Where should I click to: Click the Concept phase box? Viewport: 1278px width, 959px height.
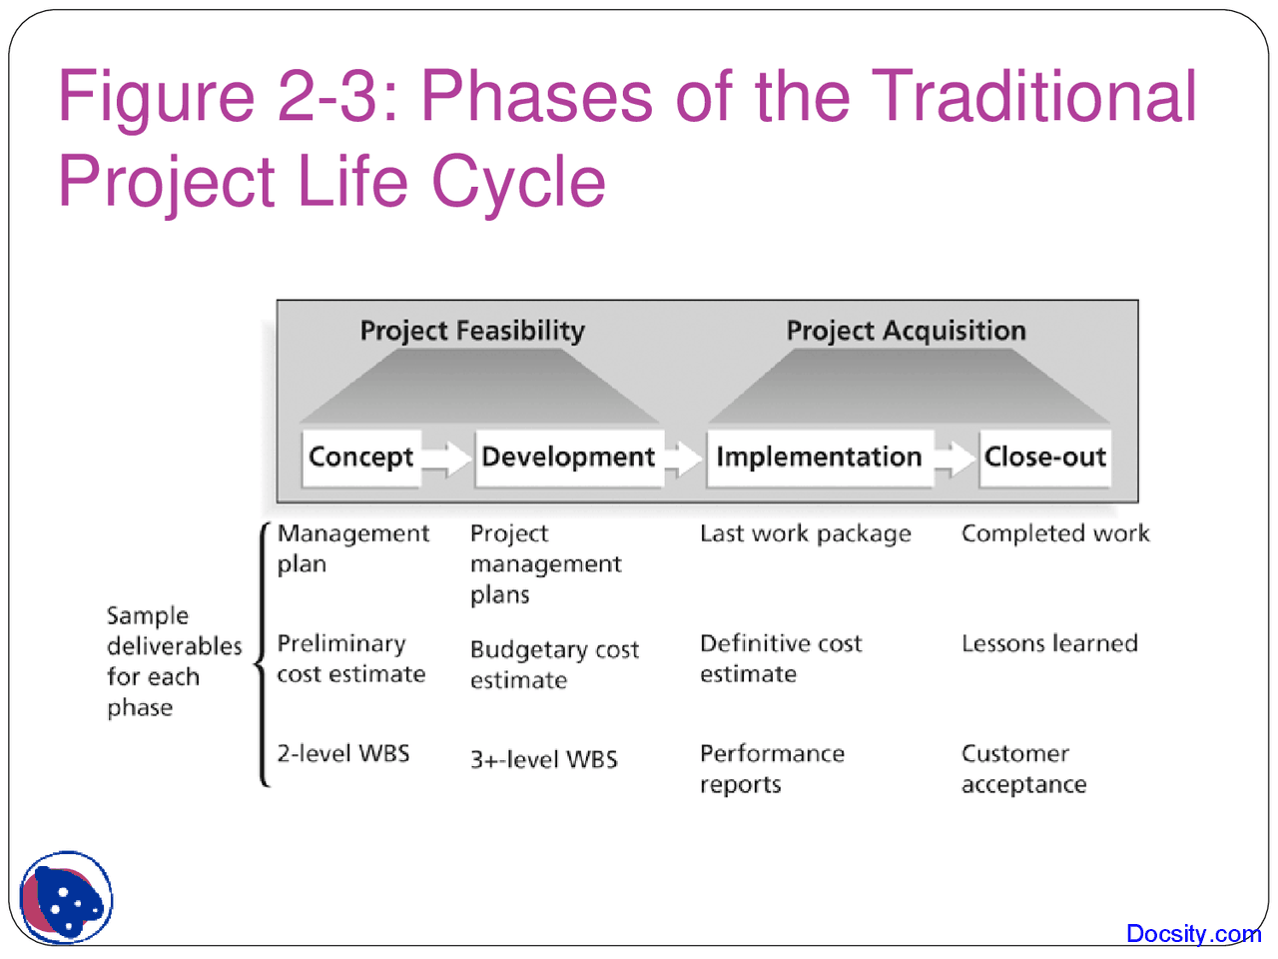tap(360, 458)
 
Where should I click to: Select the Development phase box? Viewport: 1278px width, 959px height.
tap(568, 458)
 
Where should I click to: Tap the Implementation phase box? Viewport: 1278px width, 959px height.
tap(819, 458)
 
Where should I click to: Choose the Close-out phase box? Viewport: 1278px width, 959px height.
tap(1044, 458)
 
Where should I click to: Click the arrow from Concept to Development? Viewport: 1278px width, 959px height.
tap(446, 459)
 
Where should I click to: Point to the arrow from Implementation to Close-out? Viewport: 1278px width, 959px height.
tap(956, 459)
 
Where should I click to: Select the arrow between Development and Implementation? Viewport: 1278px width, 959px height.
tap(685, 459)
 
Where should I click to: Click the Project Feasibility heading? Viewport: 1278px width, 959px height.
tap(472, 331)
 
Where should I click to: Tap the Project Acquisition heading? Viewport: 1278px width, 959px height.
tap(906, 331)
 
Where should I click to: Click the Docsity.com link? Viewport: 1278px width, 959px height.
tap(1193, 934)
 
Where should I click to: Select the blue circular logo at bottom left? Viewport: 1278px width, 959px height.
tap(67, 897)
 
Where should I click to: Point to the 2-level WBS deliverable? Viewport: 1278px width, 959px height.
tap(343, 753)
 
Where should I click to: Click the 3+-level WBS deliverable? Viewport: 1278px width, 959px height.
tap(544, 759)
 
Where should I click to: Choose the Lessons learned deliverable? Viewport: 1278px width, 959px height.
tap(1049, 643)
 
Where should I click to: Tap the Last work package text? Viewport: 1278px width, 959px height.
tap(806, 533)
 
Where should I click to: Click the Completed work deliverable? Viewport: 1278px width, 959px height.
tap(1055, 533)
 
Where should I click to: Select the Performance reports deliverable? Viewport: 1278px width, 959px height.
tap(772, 768)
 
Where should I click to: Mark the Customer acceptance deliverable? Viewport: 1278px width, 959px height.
tap(1023, 768)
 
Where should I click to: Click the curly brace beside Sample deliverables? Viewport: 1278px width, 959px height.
tap(263, 655)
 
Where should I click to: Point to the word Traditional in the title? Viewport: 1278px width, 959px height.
tap(1034, 97)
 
